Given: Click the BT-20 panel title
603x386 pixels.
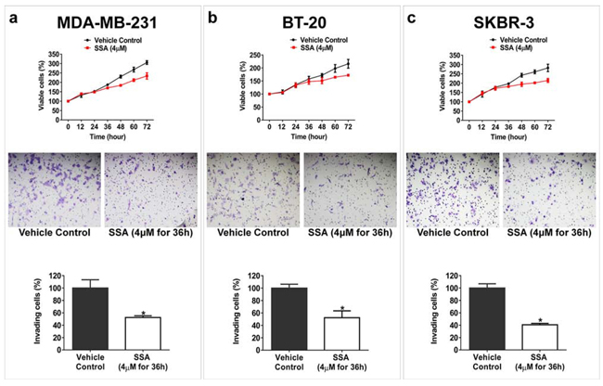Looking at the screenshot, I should (x=299, y=17).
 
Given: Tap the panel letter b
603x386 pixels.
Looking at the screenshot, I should (x=214, y=16).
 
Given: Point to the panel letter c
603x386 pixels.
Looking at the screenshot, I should (x=411, y=16).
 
